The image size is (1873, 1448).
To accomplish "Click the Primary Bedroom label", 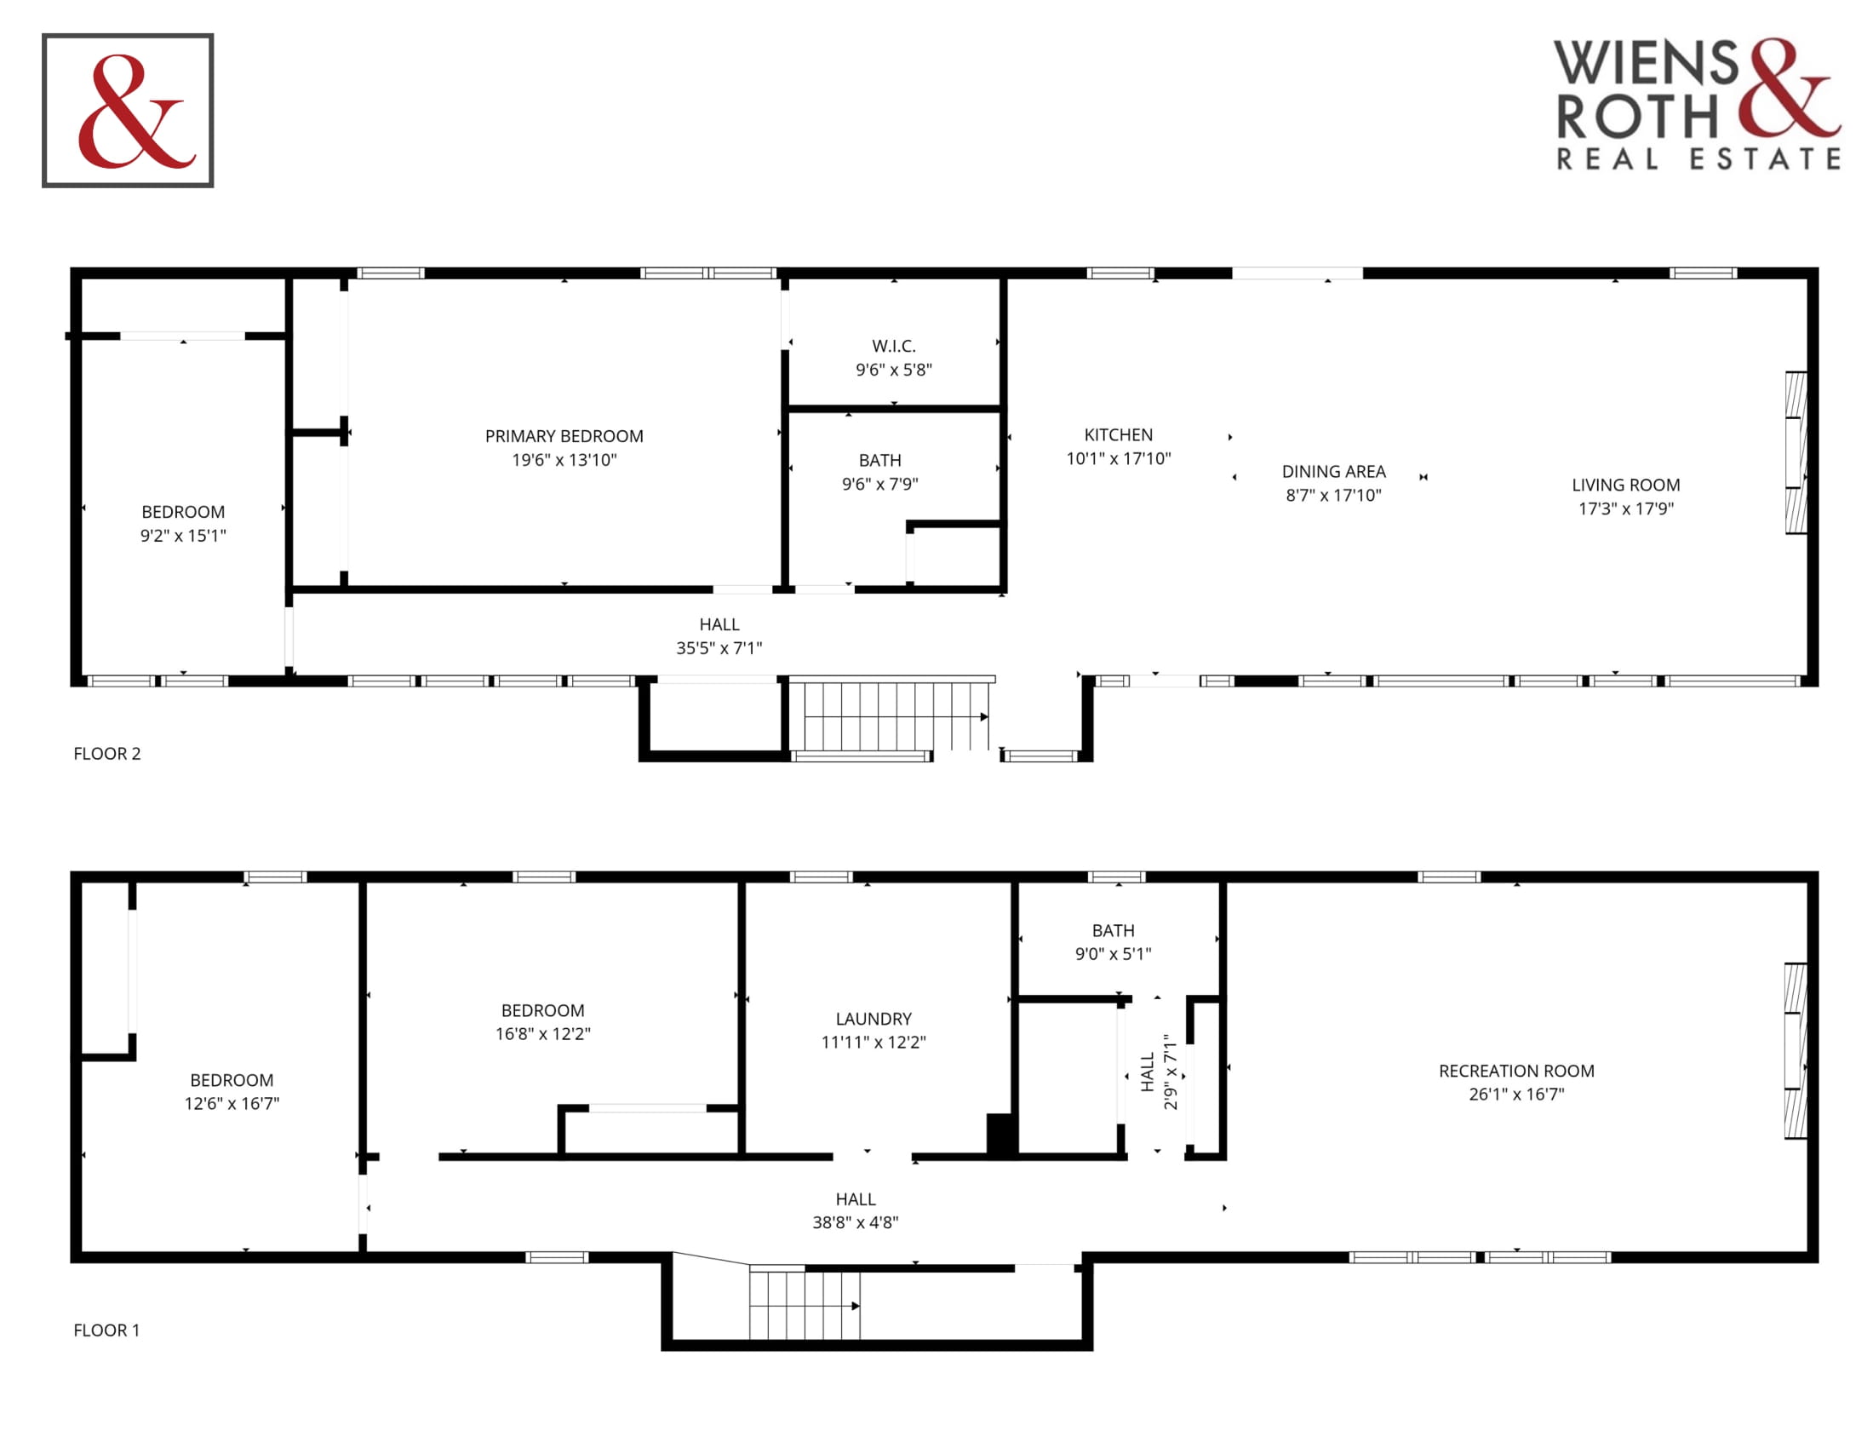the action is [564, 436].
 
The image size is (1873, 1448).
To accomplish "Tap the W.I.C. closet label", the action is [894, 346].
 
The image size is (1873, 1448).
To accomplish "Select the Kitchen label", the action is [1119, 435].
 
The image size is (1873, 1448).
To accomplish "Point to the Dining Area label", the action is [1333, 471].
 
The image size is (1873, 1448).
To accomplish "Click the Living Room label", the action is [1626, 485].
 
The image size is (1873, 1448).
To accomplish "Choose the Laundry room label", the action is [873, 1018].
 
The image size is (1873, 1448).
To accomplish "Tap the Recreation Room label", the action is [1516, 1071].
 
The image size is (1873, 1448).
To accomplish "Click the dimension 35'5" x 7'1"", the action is [719, 647].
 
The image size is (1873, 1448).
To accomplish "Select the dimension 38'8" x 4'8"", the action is [855, 1222].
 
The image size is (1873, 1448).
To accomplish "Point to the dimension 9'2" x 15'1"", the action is [183, 535].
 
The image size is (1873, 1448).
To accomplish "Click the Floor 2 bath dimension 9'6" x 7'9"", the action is [880, 484].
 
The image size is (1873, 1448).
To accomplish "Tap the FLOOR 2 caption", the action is [107, 753].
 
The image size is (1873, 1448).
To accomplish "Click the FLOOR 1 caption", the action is [106, 1330].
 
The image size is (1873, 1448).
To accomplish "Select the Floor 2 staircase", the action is [892, 715].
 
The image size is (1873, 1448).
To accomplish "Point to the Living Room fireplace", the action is [1796, 452].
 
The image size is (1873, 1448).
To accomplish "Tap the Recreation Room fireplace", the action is [1795, 1051].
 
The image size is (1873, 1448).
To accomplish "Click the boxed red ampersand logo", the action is [128, 111].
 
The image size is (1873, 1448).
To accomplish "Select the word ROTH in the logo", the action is [1637, 116].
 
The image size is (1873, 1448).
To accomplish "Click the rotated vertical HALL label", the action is [1148, 1072].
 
